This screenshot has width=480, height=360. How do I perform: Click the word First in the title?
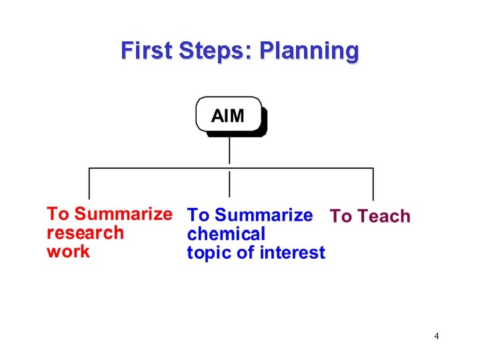tap(147, 51)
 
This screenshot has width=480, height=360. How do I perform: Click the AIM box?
tap(229, 115)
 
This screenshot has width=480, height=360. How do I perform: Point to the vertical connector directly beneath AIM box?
tap(229, 151)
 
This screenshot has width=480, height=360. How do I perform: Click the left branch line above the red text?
tap(90, 184)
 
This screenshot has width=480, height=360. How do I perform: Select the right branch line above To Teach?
tap(373, 184)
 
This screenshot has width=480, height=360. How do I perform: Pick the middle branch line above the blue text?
tap(229, 184)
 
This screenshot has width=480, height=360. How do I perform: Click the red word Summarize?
tap(123, 214)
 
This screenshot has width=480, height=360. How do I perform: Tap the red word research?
tap(85, 233)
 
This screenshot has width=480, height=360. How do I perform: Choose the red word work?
tap(68, 251)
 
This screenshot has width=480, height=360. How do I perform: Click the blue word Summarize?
tap(264, 215)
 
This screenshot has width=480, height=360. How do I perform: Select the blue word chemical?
tap(226, 234)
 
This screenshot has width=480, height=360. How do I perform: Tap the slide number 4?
tap(436, 336)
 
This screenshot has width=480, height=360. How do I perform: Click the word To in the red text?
tap(58, 214)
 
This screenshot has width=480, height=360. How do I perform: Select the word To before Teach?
tap(341, 216)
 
